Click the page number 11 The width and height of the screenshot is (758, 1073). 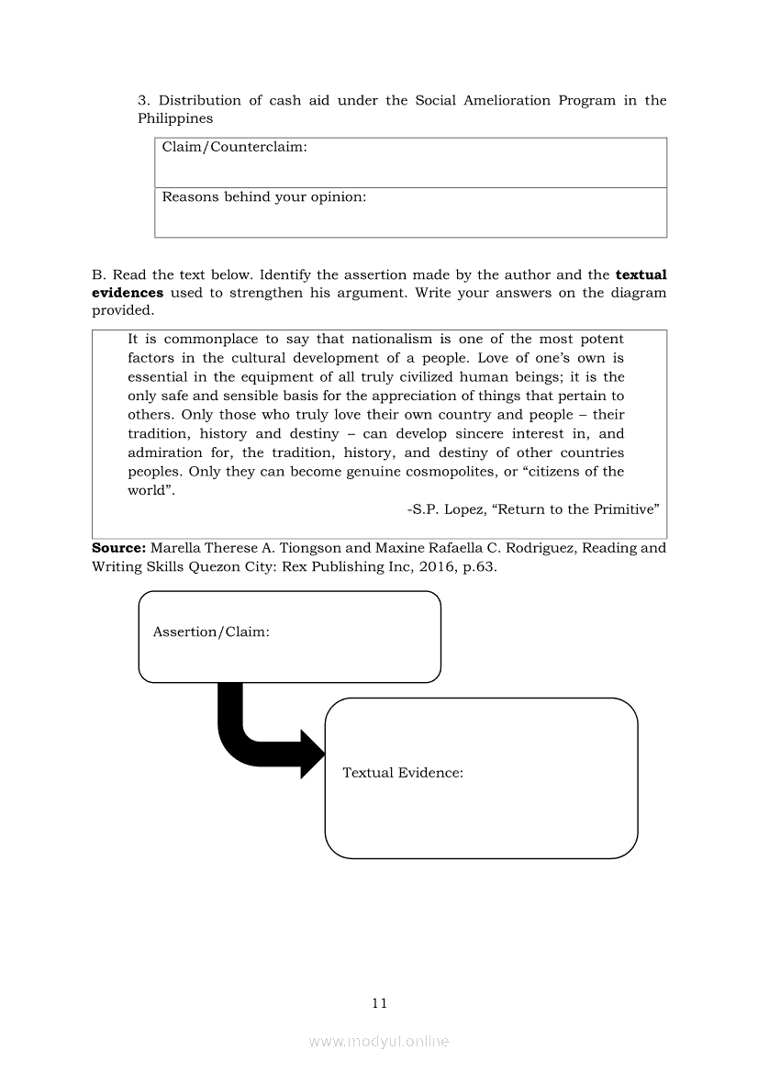(380, 1002)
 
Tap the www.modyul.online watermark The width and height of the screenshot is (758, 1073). (379, 1041)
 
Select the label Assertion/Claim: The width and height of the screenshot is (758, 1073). (211, 632)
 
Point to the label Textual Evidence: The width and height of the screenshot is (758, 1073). (403, 773)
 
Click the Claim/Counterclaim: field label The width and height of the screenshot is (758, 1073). (234, 147)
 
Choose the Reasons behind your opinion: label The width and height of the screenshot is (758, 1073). (264, 196)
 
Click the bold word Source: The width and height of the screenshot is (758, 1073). (118, 548)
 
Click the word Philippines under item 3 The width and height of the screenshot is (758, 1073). (175, 118)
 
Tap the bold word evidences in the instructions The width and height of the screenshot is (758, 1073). (128, 292)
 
